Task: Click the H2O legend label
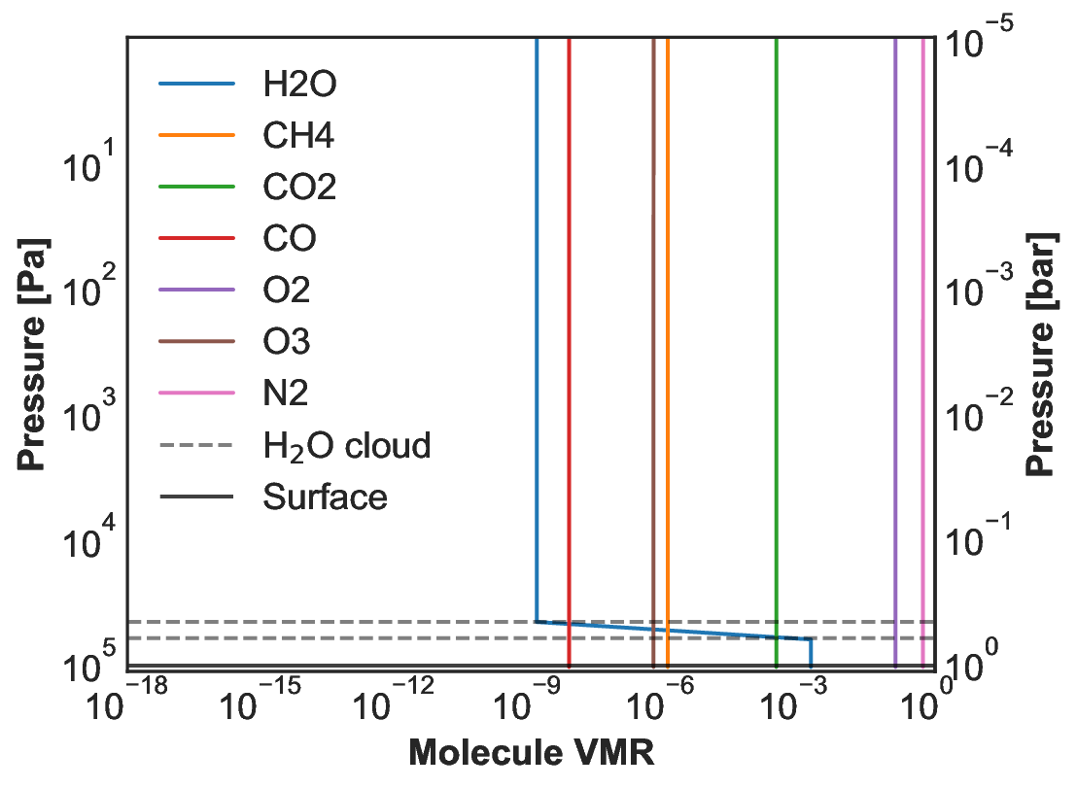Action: point(299,85)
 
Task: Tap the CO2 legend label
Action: point(299,188)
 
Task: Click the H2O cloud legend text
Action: point(346,446)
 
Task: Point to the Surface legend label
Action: point(325,497)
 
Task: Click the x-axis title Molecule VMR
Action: point(531,753)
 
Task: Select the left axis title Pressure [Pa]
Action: point(36,354)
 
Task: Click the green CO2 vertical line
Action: point(776,340)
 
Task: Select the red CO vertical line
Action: point(569,340)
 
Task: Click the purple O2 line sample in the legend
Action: point(196,291)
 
